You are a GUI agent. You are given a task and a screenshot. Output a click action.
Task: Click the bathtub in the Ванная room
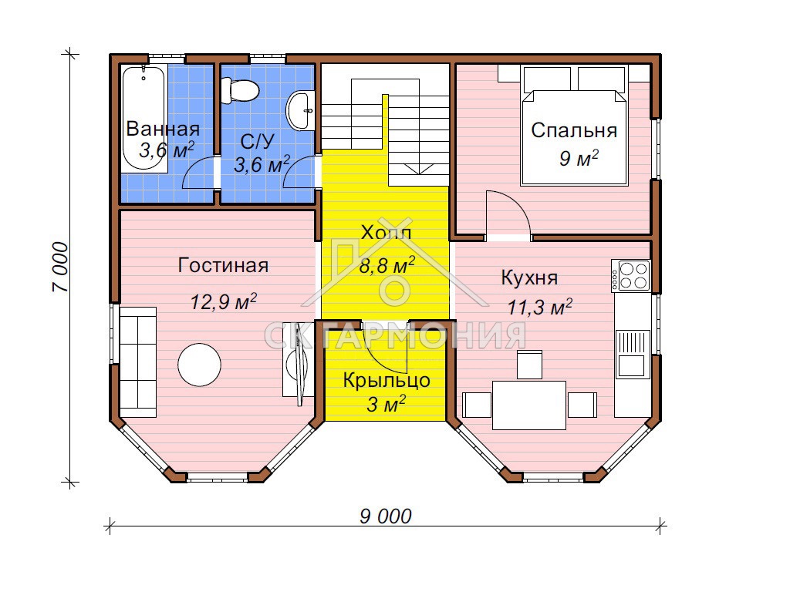[x=143, y=119]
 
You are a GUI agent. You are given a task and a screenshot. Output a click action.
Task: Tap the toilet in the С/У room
[x=239, y=91]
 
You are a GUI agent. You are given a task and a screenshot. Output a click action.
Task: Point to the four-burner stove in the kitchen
[x=630, y=276]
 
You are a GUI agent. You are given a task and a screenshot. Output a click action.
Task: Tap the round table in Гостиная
[x=200, y=365]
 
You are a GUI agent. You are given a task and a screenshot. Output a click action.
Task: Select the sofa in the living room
[x=137, y=362]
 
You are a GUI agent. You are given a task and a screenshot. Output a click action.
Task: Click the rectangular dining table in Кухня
[x=529, y=405]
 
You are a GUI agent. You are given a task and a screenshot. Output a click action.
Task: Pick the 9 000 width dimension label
[x=386, y=516]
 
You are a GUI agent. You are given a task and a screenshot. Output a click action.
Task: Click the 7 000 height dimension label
[x=59, y=267]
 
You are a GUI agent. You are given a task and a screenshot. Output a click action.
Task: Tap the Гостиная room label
[x=223, y=265]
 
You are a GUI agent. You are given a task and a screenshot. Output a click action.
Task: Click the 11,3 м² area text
[x=539, y=307]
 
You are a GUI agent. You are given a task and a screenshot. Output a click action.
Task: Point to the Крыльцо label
[x=387, y=381]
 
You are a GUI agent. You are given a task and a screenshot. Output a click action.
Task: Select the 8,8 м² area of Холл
[x=387, y=265]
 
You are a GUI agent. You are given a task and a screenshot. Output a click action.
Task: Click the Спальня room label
[x=574, y=130]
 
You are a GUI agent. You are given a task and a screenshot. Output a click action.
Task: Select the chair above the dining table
[x=529, y=365]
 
